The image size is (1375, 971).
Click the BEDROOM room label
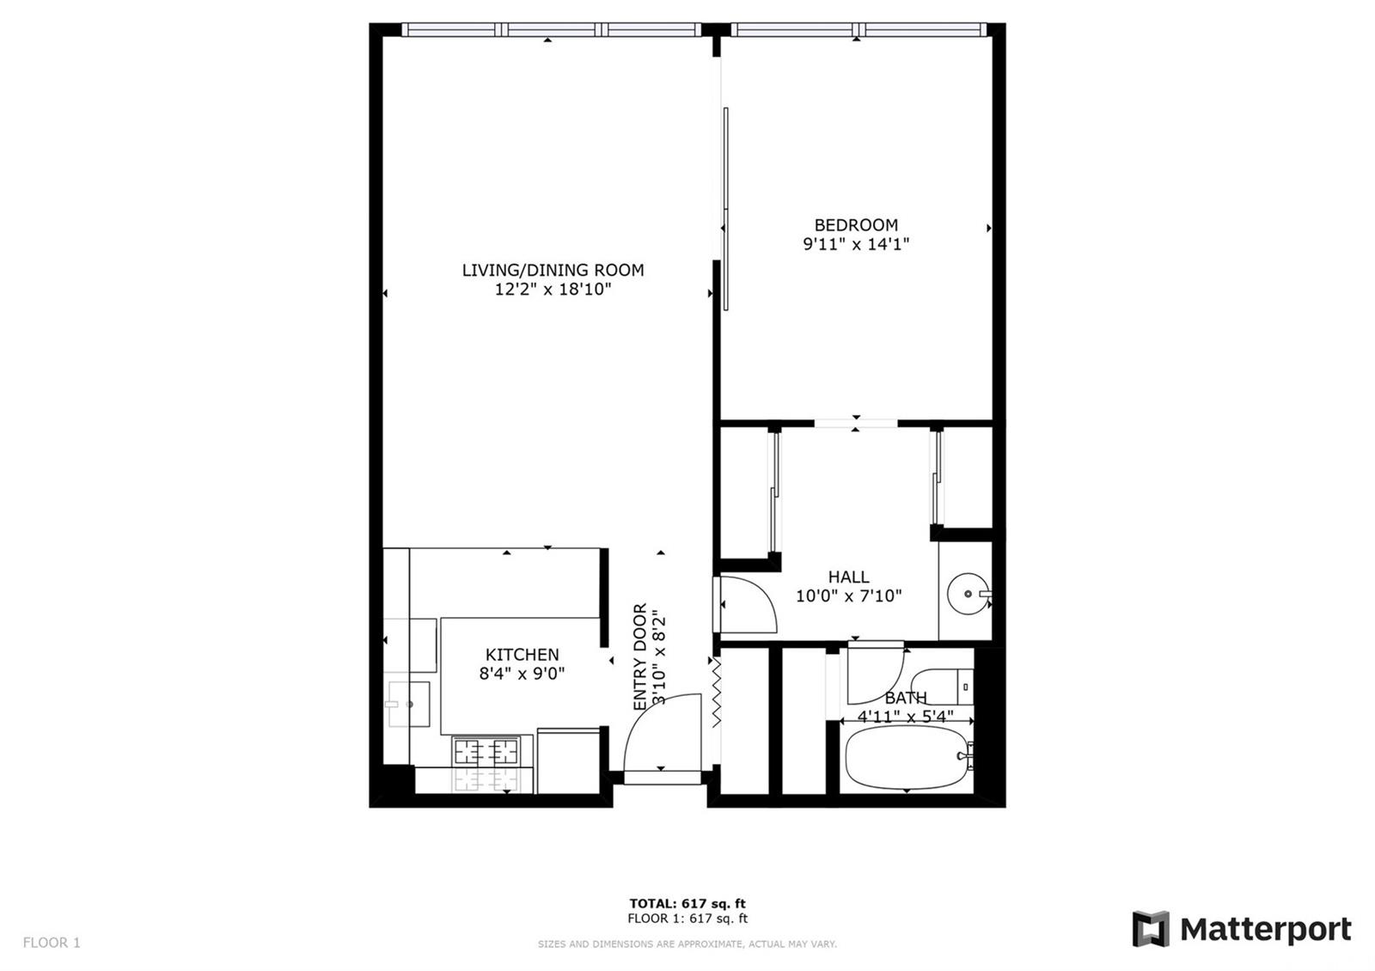[x=856, y=225]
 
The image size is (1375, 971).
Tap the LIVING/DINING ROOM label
[x=553, y=270]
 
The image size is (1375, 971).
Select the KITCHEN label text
[x=522, y=654]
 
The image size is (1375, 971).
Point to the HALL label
[x=848, y=577]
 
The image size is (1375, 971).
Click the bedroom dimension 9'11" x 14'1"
[x=856, y=244]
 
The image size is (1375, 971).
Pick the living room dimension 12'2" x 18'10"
[x=553, y=289]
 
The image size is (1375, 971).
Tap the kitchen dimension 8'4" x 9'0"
[x=522, y=674]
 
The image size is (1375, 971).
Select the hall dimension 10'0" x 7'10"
[x=848, y=596]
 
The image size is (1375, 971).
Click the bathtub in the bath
[x=906, y=757]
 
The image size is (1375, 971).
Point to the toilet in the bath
[x=942, y=687]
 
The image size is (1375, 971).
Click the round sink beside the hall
[x=968, y=594]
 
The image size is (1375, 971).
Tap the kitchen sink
[x=407, y=704]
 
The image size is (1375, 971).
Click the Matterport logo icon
[x=1151, y=929]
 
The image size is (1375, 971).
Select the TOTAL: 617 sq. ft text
[x=687, y=903]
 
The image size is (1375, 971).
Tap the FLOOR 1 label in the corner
[x=52, y=943]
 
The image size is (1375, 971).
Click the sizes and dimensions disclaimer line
[x=687, y=944]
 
